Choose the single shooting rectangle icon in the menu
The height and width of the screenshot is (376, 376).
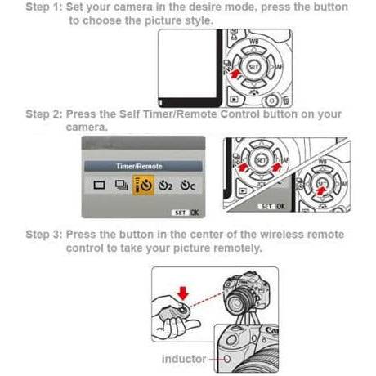[x=99, y=186]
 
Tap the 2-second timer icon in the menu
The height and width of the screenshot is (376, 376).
[x=168, y=186]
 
